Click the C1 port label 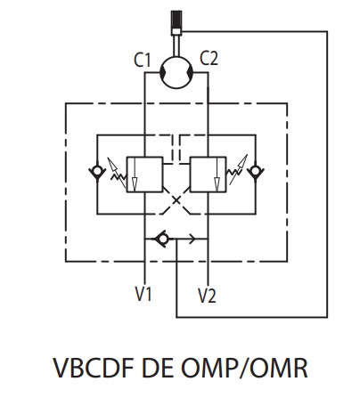143,60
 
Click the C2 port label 209,58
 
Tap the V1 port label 143,294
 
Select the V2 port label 207,296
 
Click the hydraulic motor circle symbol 176,72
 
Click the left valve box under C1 144,175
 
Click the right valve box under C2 208,175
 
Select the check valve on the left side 97,172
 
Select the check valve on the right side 256,172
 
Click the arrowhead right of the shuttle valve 192,239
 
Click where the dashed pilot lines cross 176,200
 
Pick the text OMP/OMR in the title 244,368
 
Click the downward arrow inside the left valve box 135,175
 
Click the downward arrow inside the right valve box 217,175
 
